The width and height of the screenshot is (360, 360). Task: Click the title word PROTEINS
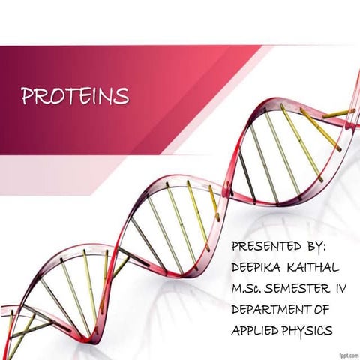pyautogui.click(x=75, y=97)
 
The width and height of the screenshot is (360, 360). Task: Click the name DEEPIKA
pyautogui.click(x=259, y=267)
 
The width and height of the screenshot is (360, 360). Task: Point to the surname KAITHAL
pyautogui.click(x=316, y=267)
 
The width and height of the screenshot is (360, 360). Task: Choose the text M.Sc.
pyautogui.click(x=250, y=287)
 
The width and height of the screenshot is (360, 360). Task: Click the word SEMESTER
pyautogui.click(x=300, y=287)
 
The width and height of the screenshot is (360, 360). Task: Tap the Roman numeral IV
pyautogui.click(x=342, y=287)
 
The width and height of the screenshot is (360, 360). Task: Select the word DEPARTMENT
pyautogui.click(x=273, y=308)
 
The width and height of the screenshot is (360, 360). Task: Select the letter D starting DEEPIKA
pyautogui.click(x=236, y=267)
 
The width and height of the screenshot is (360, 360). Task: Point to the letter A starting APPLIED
pyautogui.click(x=236, y=329)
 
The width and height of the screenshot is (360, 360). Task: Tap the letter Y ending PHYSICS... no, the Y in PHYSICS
pyautogui.click(x=307, y=329)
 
